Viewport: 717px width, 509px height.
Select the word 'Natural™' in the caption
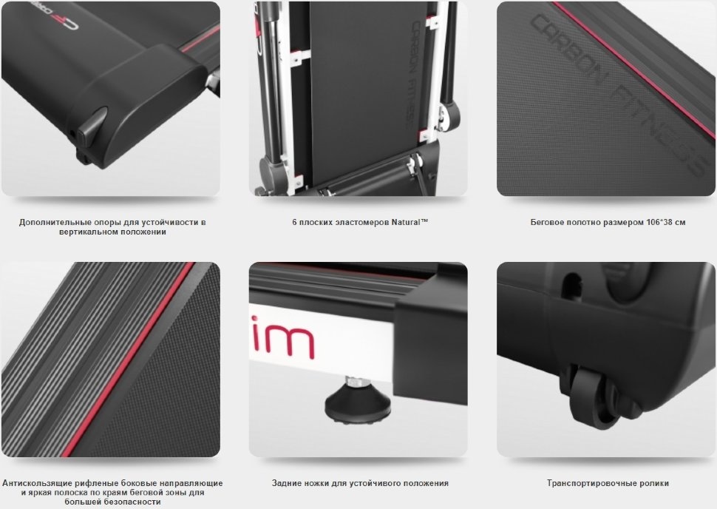point(410,222)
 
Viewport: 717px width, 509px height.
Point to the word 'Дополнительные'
point(48,223)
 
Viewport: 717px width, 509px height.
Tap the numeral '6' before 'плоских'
point(294,223)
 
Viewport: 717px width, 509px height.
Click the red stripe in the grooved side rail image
point(128,360)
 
